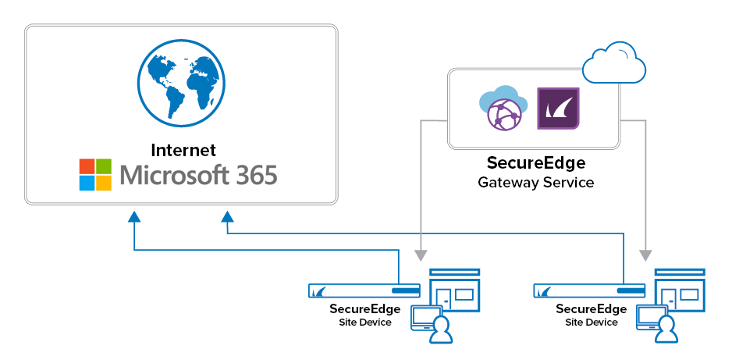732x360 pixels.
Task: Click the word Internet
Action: (x=183, y=150)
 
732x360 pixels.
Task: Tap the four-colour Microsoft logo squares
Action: (x=97, y=175)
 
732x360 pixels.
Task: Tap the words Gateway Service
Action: (x=535, y=183)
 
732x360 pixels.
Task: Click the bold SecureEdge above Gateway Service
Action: (x=535, y=163)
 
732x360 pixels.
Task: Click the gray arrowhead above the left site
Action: (x=421, y=255)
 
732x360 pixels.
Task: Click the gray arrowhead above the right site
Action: (x=645, y=255)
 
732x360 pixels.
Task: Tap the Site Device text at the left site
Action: (x=365, y=323)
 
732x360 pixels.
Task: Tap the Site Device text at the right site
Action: (x=591, y=323)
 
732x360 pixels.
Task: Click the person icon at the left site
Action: (x=442, y=330)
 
